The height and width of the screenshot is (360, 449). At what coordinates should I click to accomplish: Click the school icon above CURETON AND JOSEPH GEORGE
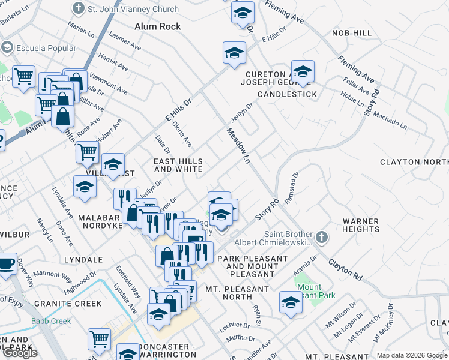303,72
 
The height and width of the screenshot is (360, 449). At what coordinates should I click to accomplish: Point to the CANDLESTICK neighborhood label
287,95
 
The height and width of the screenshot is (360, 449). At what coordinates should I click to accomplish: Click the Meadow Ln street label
238,145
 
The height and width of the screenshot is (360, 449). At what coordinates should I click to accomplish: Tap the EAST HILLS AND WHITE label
178,166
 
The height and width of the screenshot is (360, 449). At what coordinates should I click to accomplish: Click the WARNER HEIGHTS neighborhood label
361,226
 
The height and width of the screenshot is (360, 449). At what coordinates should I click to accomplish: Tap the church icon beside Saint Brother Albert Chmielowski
322,238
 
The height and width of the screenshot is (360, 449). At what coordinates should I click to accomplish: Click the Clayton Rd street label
345,271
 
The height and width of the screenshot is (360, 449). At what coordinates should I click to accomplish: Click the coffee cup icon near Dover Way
6,263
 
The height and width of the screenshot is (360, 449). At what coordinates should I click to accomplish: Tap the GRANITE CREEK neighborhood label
68,304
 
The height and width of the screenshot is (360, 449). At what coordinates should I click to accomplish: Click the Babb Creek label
51,321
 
